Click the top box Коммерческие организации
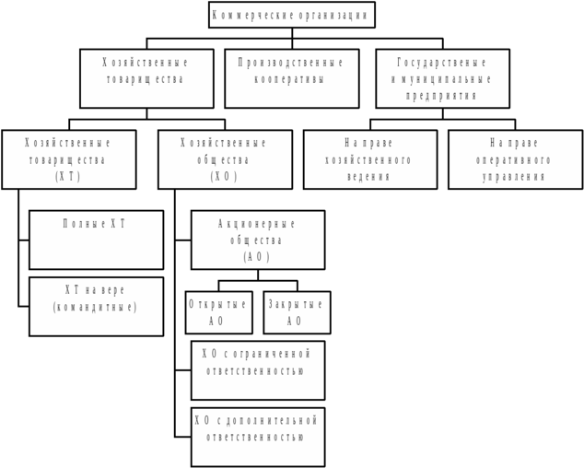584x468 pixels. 291,15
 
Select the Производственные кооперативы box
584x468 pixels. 292,78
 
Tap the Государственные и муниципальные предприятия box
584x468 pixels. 442,78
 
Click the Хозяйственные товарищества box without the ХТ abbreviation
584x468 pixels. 146,78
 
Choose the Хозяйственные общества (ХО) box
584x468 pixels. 225,159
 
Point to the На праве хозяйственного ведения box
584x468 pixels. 370,159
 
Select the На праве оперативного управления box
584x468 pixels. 515,159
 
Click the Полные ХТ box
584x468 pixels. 96,240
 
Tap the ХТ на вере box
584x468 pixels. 96,306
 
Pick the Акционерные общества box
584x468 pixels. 258,240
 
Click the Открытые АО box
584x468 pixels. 218,312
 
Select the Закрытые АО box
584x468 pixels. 297,312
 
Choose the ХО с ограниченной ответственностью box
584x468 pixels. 258,369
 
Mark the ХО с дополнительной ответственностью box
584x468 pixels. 258,437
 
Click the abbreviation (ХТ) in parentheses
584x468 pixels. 68,176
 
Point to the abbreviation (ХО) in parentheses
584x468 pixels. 225,176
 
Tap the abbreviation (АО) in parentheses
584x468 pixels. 257,257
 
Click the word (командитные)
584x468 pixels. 96,307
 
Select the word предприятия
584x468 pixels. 441,95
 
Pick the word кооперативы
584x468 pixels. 291,79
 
